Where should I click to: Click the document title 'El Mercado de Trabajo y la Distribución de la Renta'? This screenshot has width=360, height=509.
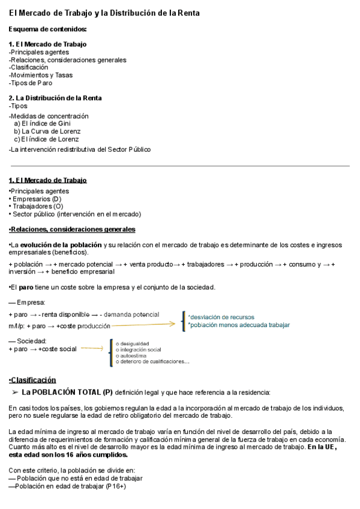[x=104, y=13]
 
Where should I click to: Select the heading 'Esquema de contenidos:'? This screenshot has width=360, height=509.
[x=47, y=29]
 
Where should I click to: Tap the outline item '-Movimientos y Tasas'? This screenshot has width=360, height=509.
[x=40, y=75]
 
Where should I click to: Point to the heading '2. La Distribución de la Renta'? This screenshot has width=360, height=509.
[x=55, y=98]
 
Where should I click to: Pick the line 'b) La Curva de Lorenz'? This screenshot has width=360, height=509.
[x=47, y=131]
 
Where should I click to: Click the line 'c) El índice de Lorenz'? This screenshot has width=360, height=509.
[x=46, y=139]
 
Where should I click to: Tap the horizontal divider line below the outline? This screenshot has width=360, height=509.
[x=179, y=166]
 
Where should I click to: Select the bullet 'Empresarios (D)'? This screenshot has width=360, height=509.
[x=36, y=199]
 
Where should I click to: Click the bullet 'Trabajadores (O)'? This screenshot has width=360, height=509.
[x=37, y=206]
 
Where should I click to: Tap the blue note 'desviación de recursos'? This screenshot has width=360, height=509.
[x=221, y=316]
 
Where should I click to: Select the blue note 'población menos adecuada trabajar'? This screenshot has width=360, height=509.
[x=239, y=325]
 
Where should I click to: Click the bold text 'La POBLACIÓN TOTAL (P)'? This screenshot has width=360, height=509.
[x=67, y=393]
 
